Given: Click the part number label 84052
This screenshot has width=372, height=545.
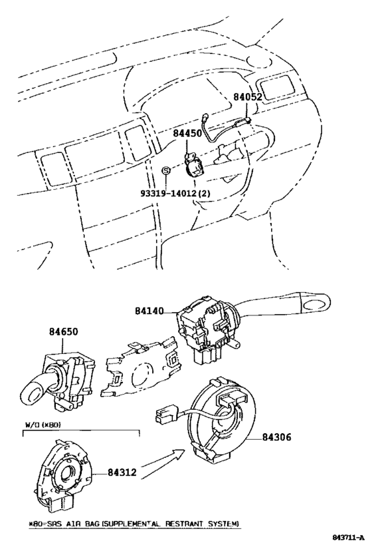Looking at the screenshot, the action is coord(247,96).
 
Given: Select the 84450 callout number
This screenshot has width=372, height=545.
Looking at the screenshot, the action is coord(187,133).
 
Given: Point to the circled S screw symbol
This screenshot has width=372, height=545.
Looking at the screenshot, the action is coord(166,170).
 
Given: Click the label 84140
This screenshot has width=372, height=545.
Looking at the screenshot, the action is coord(149,311).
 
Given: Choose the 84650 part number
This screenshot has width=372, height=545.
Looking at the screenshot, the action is coord(63,331).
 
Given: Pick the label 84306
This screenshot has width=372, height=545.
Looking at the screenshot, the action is coord(276,437).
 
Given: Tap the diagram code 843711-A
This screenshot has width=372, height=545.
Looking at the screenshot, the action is coord(348,538).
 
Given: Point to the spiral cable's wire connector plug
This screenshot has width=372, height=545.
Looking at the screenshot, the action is coord(165,415).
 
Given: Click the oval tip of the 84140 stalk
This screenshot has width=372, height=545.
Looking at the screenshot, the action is coord(315,304).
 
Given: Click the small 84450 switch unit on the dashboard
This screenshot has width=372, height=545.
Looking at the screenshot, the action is coord(194,165).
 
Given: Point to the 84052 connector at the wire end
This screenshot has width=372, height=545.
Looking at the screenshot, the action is coord(243,122).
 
